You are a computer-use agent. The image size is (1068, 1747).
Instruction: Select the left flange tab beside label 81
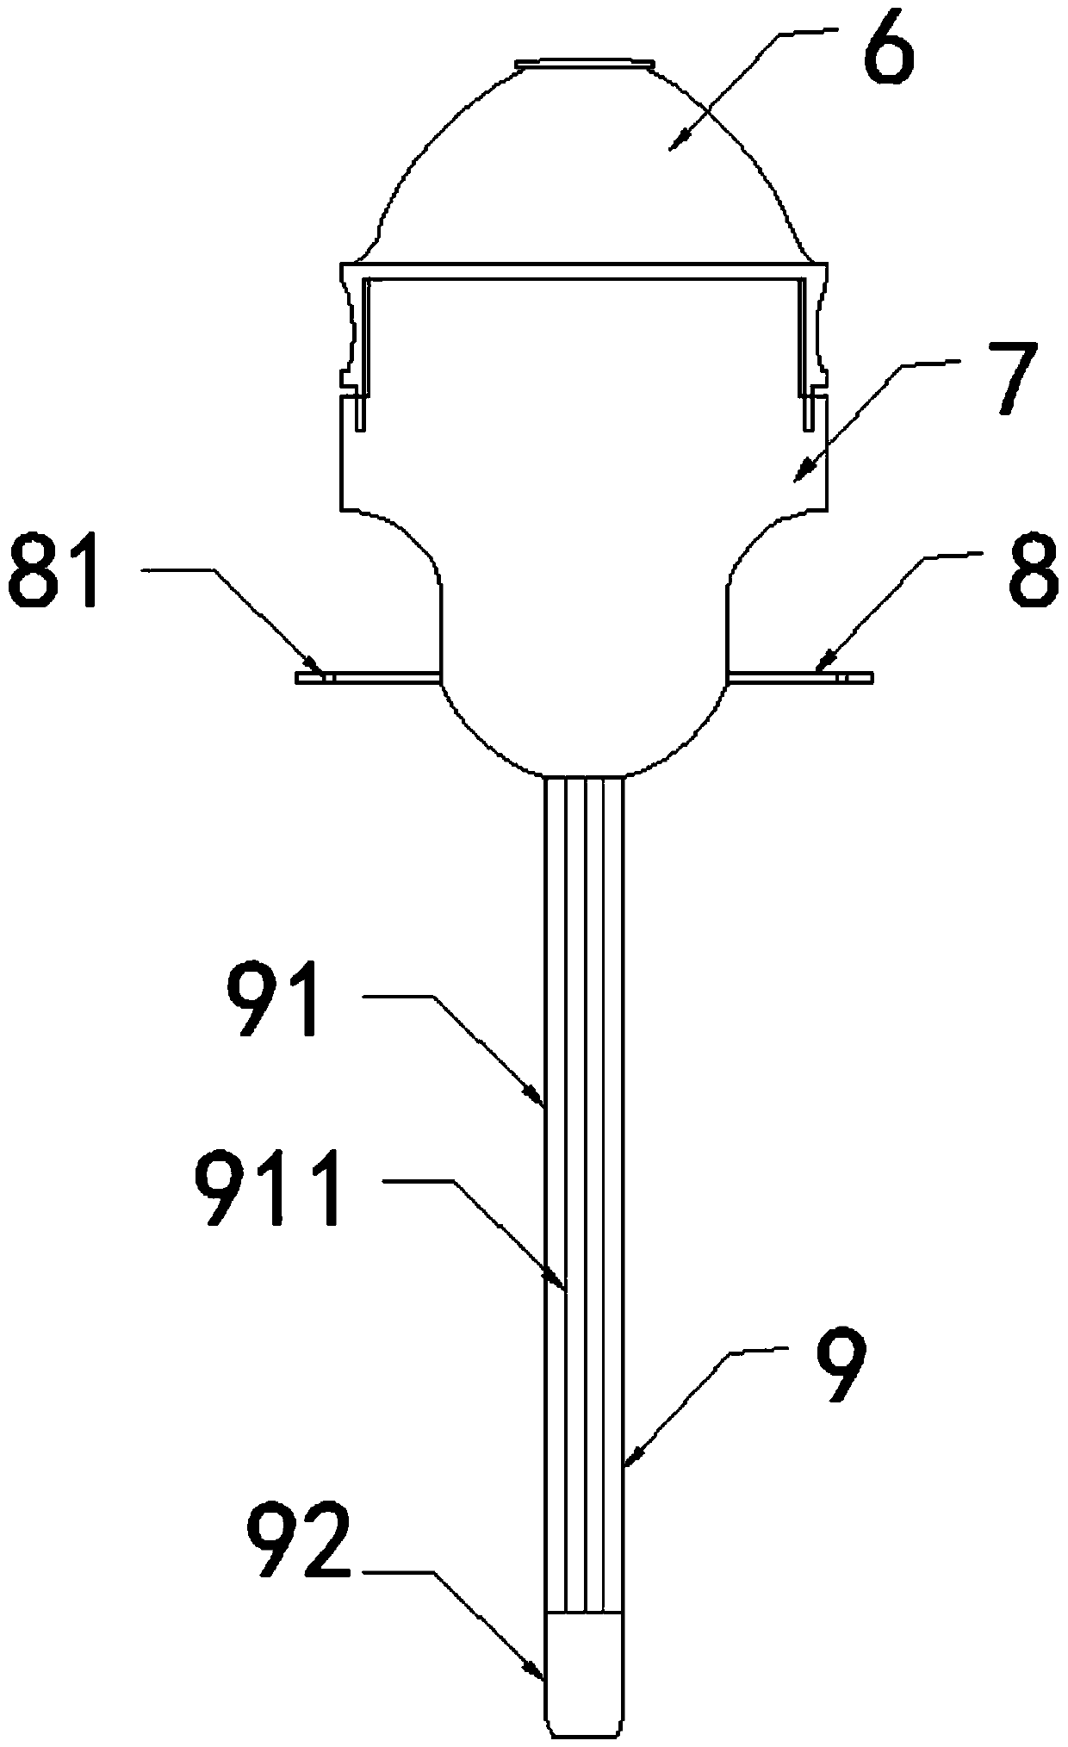click(366, 677)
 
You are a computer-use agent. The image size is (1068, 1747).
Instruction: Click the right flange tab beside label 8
click(801, 677)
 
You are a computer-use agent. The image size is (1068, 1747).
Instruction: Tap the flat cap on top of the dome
click(582, 63)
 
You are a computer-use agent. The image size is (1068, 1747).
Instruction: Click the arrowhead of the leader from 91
click(541, 1099)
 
